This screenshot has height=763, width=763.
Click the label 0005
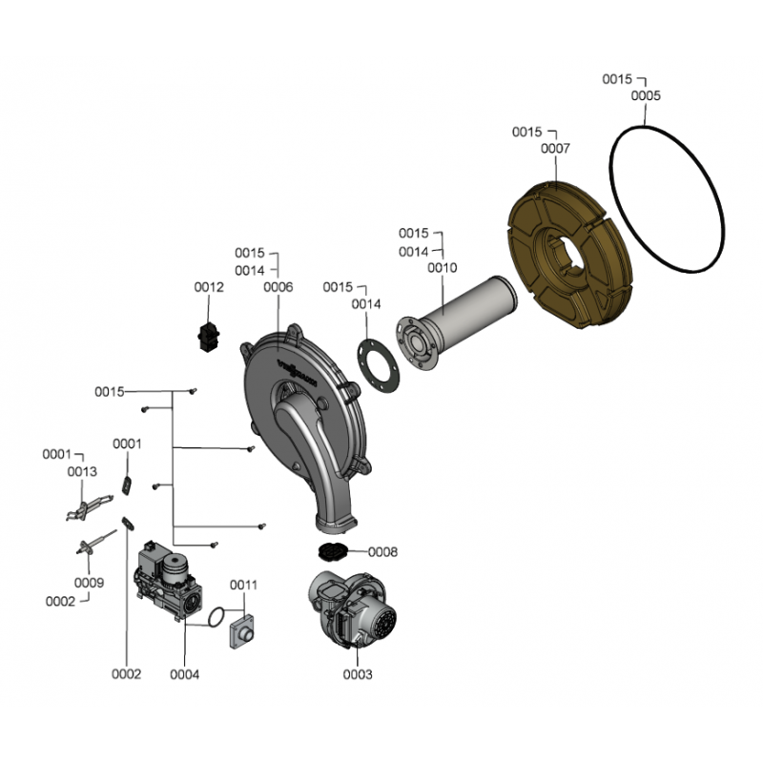click(646, 96)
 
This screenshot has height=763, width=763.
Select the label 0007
click(555, 149)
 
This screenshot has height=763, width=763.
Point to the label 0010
click(442, 268)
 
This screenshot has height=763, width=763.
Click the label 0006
click(278, 287)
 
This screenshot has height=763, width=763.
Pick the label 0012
click(209, 287)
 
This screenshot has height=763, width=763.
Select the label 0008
click(382, 552)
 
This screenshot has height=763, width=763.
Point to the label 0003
click(357, 674)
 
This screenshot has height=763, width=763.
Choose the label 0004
click(185, 674)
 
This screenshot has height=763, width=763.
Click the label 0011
click(243, 585)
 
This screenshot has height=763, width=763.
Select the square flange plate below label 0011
click(244, 631)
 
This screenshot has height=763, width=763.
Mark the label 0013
click(82, 471)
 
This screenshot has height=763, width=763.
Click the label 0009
click(89, 583)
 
